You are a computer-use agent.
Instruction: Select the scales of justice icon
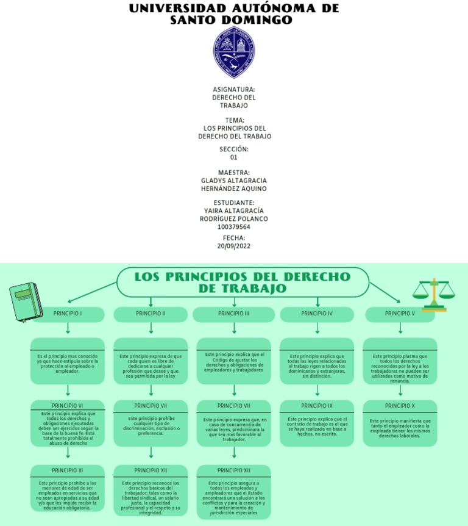pyautogui.click(x=433, y=295)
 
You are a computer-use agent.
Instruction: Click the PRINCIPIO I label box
pyautogui.click(x=68, y=314)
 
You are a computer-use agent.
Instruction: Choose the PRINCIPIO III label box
pyautogui.click(x=234, y=314)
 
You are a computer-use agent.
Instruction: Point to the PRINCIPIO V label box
pyautogui.click(x=400, y=314)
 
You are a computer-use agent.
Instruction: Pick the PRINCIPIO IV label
pyautogui.click(x=317, y=314)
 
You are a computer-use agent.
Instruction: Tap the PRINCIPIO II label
pyautogui.click(x=151, y=314)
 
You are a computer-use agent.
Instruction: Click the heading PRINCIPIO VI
pyautogui.click(x=68, y=406)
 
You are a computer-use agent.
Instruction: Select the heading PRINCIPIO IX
pyautogui.click(x=317, y=406)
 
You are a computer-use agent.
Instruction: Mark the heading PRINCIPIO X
pyautogui.click(x=400, y=406)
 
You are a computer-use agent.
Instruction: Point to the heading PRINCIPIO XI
pyautogui.click(x=68, y=470)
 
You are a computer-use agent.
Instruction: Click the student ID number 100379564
pyautogui.click(x=234, y=227)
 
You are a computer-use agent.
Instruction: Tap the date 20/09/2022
pyautogui.click(x=234, y=246)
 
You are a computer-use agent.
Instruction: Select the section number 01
pyautogui.click(x=234, y=157)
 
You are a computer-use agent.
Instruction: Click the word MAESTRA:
pyautogui.click(x=234, y=173)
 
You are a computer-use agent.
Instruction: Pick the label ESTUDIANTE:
pyautogui.click(x=234, y=203)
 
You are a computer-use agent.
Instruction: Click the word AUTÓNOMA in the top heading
pyautogui.click(x=274, y=9)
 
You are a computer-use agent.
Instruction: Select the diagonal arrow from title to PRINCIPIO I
pyautogui.click(x=91, y=292)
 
